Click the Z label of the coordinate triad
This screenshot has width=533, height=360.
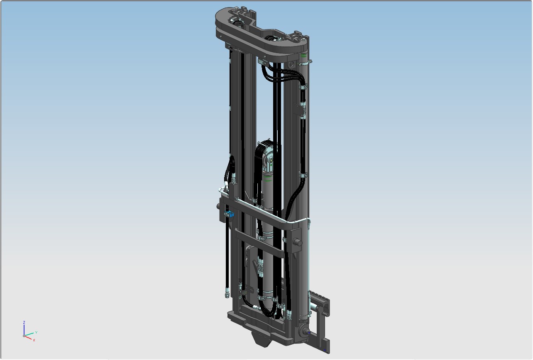(24, 322)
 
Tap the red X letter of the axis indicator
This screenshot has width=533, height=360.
(34, 340)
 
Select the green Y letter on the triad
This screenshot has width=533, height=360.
(36, 332)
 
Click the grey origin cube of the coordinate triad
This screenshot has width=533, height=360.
(24, 336)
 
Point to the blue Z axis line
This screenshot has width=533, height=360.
(24, 330)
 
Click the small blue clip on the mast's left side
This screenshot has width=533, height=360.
(229, 214)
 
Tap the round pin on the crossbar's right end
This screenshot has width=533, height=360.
(298, 243)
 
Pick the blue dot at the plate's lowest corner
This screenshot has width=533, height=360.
(325, 350)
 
